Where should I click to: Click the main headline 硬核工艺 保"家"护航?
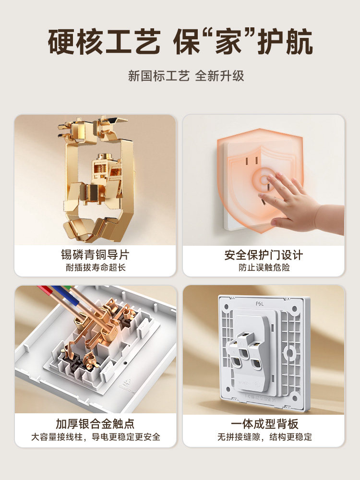point(180,43)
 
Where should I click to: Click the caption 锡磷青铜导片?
point(95,254)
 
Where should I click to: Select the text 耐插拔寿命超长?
point(95,267)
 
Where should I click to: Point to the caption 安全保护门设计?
point(264,254)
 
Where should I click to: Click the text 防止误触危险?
point(264,267)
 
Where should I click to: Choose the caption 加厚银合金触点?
point(95,424)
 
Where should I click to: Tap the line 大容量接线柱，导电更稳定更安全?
point(95,437)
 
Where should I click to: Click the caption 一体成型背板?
point(264,424)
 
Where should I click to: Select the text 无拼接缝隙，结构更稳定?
point(264,437)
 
